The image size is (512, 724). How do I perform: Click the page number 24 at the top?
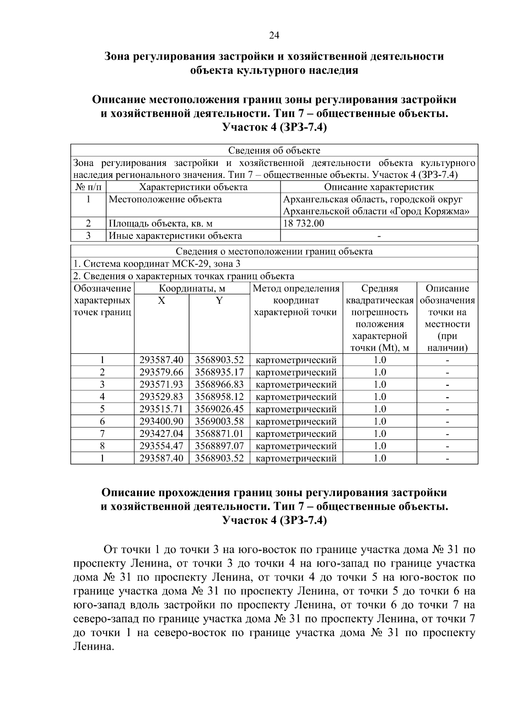pos(274,36)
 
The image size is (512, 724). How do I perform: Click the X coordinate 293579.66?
pos(161,372)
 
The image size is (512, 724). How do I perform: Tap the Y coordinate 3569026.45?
pos(219,409)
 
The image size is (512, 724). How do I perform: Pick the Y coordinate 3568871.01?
pos(219,434)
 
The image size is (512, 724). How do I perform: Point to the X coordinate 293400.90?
pos(161,422)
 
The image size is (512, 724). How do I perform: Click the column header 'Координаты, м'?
pos(192,289)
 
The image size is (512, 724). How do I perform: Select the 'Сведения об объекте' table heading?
pos(274,151)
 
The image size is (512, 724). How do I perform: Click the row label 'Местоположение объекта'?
pos(165,199)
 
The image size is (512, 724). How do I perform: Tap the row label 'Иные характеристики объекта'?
pos(175,236)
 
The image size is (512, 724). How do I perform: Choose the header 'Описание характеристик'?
pos(378,187)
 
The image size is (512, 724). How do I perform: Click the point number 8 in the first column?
pos(102,446)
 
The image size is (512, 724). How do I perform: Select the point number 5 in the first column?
pos(102,409)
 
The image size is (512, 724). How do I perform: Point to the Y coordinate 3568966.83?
pos(219,385)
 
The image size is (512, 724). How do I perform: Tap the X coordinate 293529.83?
pos(161,397)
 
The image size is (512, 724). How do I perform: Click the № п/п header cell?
pos(88,187)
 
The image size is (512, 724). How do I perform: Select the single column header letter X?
pos(161,301)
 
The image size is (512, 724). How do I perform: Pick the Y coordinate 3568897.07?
pos(219,446)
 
